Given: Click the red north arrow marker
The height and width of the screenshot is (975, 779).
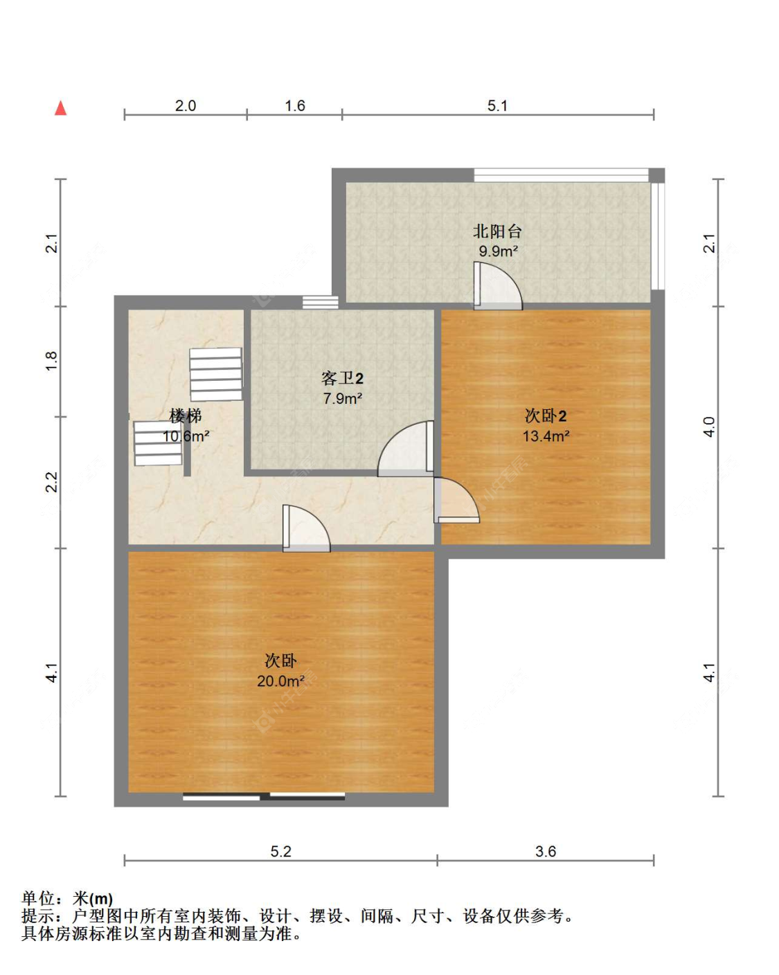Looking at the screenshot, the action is tap(61, 108).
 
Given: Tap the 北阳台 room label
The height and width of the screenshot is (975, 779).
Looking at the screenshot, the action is tap(497, 231).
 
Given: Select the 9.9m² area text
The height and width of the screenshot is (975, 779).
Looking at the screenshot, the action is tap(498, 251).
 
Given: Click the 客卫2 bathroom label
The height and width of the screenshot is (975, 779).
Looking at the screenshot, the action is tap(342, 378).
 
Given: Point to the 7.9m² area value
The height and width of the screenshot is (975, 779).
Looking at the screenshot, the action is tap(342, 398).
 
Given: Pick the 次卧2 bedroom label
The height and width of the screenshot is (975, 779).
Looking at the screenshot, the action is tap(545, 415).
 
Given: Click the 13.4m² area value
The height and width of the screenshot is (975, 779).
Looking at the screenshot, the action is tap(546, 436).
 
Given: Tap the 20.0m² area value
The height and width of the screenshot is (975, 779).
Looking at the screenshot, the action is tap(280, 681).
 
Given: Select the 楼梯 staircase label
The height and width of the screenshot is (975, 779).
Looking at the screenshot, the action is tap(185, 415).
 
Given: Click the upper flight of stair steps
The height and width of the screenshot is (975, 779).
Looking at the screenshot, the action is tap(216, 374).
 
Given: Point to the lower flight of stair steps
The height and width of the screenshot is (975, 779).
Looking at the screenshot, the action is tap(158, 444).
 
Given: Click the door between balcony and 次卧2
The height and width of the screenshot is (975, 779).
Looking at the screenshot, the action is tap(498, 287).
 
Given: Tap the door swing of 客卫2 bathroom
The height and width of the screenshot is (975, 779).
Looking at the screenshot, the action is tap(406, 449).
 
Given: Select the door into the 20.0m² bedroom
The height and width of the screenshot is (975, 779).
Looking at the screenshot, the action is tap(306, 528).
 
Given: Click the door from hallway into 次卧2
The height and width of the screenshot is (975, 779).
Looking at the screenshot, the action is tap(456, 500).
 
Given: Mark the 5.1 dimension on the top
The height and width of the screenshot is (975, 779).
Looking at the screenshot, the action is tap(497, 106).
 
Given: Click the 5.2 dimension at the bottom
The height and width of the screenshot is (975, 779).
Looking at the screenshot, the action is tap(280, 852).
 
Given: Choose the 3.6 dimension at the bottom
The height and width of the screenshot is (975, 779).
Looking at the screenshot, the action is tap(545, 852).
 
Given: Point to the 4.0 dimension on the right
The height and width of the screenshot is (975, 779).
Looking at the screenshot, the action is tap(709, 427).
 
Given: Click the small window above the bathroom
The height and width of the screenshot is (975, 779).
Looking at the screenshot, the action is tap(321, 302).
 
